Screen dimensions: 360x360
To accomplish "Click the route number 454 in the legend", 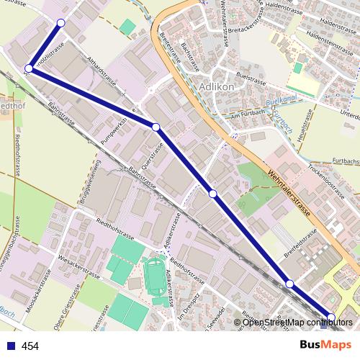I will (30, 346).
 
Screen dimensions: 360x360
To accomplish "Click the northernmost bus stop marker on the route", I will (60, 24).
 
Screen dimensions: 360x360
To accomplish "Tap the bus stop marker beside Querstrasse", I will (156, 127).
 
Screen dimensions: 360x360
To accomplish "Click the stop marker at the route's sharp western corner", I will (29, 68).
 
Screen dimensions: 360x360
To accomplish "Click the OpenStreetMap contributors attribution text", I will (295, 322).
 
